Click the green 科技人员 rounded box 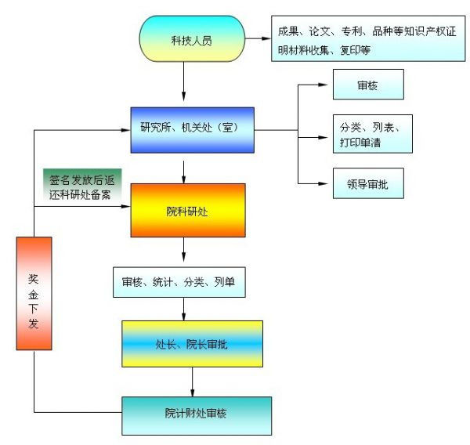[x=191, y=39]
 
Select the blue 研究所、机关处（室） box [x=192, y=130]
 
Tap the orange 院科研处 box [x=187, y=210]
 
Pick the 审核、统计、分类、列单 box [x=179, y=282]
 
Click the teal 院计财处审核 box [x=197, y=415]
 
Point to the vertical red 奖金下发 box [x=34, y=293]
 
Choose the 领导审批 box [x=367, y=186]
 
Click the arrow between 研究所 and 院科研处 [x=185, y=170]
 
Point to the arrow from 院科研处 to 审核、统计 [x=185, y=253]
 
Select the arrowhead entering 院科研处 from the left [x=125, y=208]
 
